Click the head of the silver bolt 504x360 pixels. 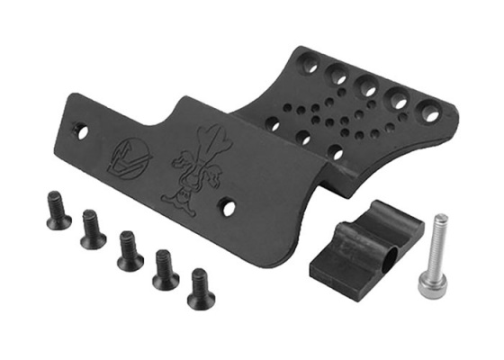coord(440,221)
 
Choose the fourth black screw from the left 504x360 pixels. coord(165,270)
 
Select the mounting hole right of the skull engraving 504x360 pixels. coord(230,207)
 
